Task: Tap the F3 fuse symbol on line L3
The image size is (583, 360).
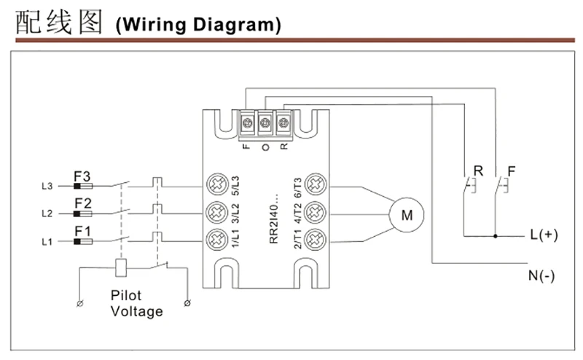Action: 83,186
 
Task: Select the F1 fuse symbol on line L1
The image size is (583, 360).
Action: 83,242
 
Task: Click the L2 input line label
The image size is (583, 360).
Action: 47,214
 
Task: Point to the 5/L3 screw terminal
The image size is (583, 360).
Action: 217,184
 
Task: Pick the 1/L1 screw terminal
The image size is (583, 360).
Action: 217,240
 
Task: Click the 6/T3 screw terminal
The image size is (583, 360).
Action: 316,184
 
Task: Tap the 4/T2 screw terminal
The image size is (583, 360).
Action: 316,212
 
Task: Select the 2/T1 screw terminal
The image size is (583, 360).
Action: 316,240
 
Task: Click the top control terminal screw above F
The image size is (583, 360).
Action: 247,122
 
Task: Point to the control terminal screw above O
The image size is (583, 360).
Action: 265,122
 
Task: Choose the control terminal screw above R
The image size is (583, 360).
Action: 283,122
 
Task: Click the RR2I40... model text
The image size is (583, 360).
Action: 274,219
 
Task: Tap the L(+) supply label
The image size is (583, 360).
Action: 544,235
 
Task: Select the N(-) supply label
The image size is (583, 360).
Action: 541,276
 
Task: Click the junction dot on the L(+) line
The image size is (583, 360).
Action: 496,236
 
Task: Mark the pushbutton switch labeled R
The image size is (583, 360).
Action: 469,185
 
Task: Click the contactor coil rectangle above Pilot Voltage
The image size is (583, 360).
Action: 121,267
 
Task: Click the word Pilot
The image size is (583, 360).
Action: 126,296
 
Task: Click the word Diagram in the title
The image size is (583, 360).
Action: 237,26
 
